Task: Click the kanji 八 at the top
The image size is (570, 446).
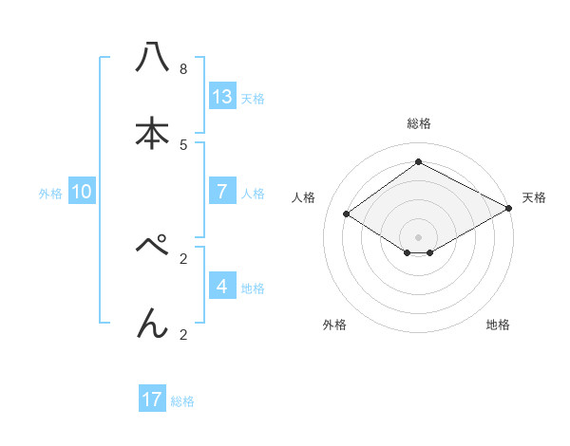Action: click(152, 58)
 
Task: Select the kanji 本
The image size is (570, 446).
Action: click(152, 134)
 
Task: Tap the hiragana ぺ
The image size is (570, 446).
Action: click(153, 248)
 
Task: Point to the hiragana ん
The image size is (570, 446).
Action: click(152, 324)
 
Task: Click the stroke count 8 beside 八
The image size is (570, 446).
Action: click(182, 68)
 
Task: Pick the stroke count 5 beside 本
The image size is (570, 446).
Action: click(182, 144)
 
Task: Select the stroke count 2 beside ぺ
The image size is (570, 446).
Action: click(182, 258)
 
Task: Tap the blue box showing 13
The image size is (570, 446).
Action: click(222, 96)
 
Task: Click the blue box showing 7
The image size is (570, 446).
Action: click(222, 191)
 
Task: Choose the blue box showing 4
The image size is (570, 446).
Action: click(222, 286)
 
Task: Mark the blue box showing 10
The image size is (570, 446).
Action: click(82, 191)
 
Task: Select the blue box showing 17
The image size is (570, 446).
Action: click(152, 400)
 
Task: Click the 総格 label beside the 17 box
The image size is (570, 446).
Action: click(182, 401)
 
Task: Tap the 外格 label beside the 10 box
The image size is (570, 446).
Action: click(50, 193)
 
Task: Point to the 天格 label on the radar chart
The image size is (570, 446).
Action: click(534, 197)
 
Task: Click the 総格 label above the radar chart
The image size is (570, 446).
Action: click(418, 123)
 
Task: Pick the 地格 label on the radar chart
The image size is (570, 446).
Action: click(498, 325)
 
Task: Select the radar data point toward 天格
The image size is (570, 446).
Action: click(509, 209)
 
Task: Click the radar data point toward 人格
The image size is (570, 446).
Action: click(347, 214)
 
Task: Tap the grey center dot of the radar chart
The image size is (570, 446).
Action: click(418, 236)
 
